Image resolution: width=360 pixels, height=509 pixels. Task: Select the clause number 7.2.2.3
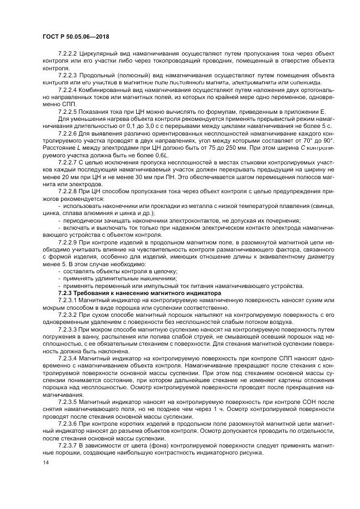pyautogui.click(x=68, y=75)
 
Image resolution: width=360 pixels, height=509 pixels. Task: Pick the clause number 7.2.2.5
pyautogui.click(x=68, y=110)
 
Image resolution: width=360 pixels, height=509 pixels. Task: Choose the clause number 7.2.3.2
pyautogui.click(x=68, y=315)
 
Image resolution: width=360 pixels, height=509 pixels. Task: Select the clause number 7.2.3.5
pyautogui.click(x=68, y=400)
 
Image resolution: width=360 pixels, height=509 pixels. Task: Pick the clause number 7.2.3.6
pyautogui.click(x=68, y=422)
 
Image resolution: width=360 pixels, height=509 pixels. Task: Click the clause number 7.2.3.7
pyautogui.click(x=68, y=444)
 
